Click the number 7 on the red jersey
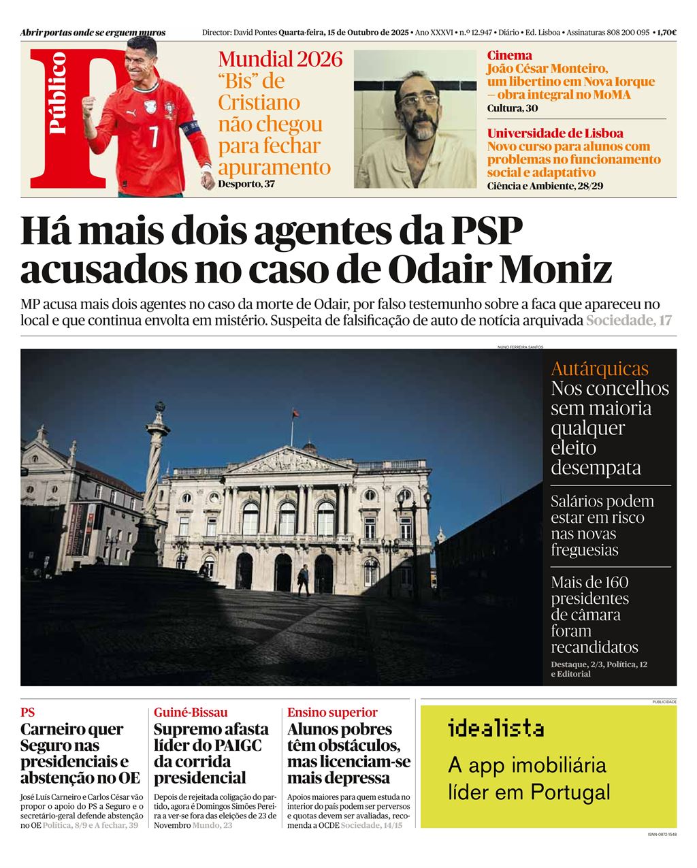[x=154, y=136]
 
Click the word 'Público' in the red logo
[x=58, y=93]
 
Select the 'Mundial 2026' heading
[x=280, y=59]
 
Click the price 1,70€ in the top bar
[x=667, y=32]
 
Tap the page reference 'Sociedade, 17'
[x=629, y=320]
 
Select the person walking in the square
[x=303, y=579]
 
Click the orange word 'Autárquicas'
[x=600, y=369]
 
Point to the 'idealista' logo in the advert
[x=496, y=728]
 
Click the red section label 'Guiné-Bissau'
[x=191, y=712]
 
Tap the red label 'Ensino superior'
[x=332, y=712]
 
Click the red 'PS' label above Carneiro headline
[x=27, y=712]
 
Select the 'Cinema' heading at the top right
[x=510, y=55]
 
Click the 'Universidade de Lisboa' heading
[x=555, y=133]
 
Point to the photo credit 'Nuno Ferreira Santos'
[x=520, y=347]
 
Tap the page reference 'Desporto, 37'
[x=246, y=183]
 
